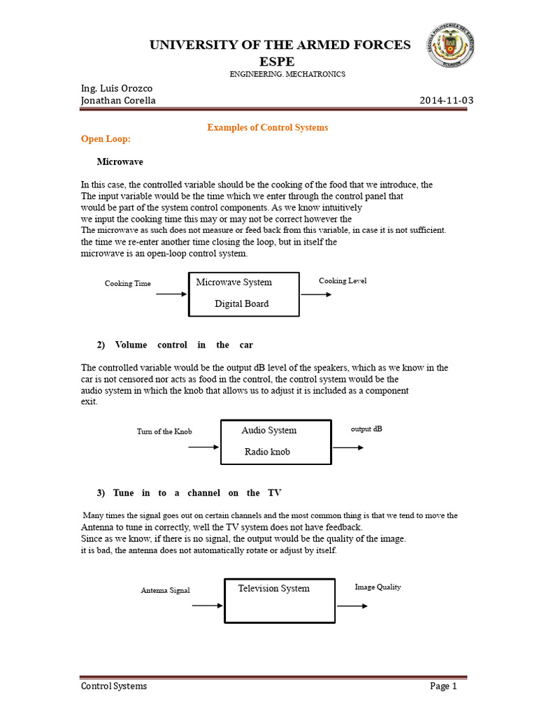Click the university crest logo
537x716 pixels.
451,47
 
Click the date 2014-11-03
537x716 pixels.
446,100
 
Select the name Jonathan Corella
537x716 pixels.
119,100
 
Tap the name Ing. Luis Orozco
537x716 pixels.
117,88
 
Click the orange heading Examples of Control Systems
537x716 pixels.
267,127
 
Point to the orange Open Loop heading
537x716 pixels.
106,138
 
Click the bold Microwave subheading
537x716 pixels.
120,162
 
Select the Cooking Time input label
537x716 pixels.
128,283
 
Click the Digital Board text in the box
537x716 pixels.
241,303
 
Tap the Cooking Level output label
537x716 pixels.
343,280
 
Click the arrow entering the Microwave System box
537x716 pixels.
171,294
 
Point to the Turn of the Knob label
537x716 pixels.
164,431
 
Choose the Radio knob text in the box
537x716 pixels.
267,452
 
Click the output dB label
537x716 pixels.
366,429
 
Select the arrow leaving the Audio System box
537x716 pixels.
348,447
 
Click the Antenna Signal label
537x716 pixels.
165,590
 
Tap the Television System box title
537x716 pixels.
273,588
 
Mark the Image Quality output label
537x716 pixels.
378,587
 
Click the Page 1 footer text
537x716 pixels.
443,686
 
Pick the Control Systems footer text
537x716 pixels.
114,686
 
